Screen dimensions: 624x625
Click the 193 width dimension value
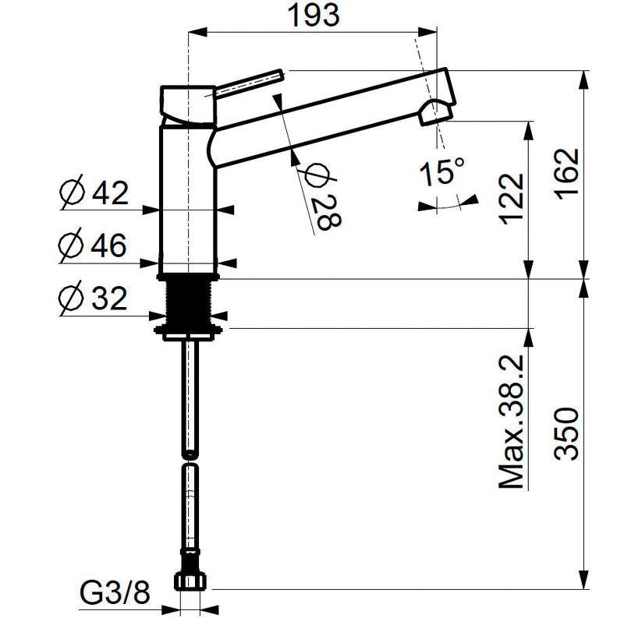tap(314, 16)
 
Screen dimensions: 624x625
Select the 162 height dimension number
tap(566, 174)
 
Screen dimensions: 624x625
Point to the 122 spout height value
tap(511, 199)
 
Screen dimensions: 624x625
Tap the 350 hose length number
tap(566, 433)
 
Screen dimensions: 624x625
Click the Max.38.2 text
tap(511, 421)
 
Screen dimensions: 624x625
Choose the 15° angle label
tap(442, 172)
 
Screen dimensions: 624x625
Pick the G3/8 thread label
tap(115, 593)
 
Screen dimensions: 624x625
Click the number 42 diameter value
tap(110, 193)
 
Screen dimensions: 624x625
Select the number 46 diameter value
tap(109, 245)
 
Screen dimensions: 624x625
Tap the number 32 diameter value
tap(109, 298)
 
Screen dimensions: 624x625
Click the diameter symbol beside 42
tap(73, 192)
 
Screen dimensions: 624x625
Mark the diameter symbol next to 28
tap(317, 175)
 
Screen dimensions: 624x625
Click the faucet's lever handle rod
tap(249, 83)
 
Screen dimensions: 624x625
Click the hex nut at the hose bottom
tap(190, 581)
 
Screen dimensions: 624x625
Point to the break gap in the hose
tap(190, 461)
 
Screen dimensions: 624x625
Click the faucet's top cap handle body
tap(187, 104)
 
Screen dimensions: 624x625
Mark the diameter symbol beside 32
tap(72, 298)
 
